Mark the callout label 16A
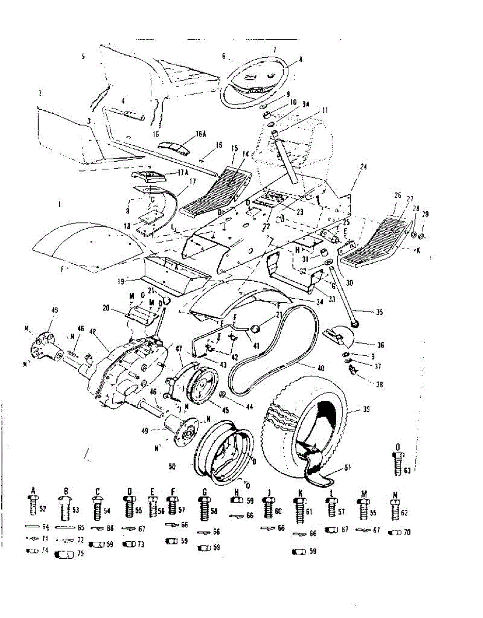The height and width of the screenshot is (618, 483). tap(201, 135)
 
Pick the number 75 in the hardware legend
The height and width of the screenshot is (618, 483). tap(81, 555)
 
